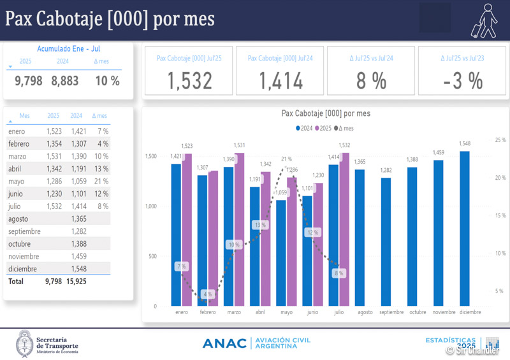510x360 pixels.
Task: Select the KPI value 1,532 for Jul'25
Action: tap(189, 81)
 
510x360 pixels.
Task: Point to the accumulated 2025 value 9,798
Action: tap(28, 81)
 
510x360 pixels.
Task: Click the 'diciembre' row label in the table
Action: tap(24, 268)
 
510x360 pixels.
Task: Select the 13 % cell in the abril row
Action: tap(101, 169)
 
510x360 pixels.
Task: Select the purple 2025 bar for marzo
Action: tap(239, 229)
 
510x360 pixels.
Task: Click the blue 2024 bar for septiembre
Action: tap(386, 241)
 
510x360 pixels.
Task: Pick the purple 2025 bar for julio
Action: tap(344, 229)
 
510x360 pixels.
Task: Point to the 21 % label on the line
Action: tap(286, 159)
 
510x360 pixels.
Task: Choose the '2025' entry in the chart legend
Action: tap(324, 128)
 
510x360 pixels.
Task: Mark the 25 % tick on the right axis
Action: tap(500, 140)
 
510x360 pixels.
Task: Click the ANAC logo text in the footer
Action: tap(224, 343)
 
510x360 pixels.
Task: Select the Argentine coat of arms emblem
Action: tap(24, 343)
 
